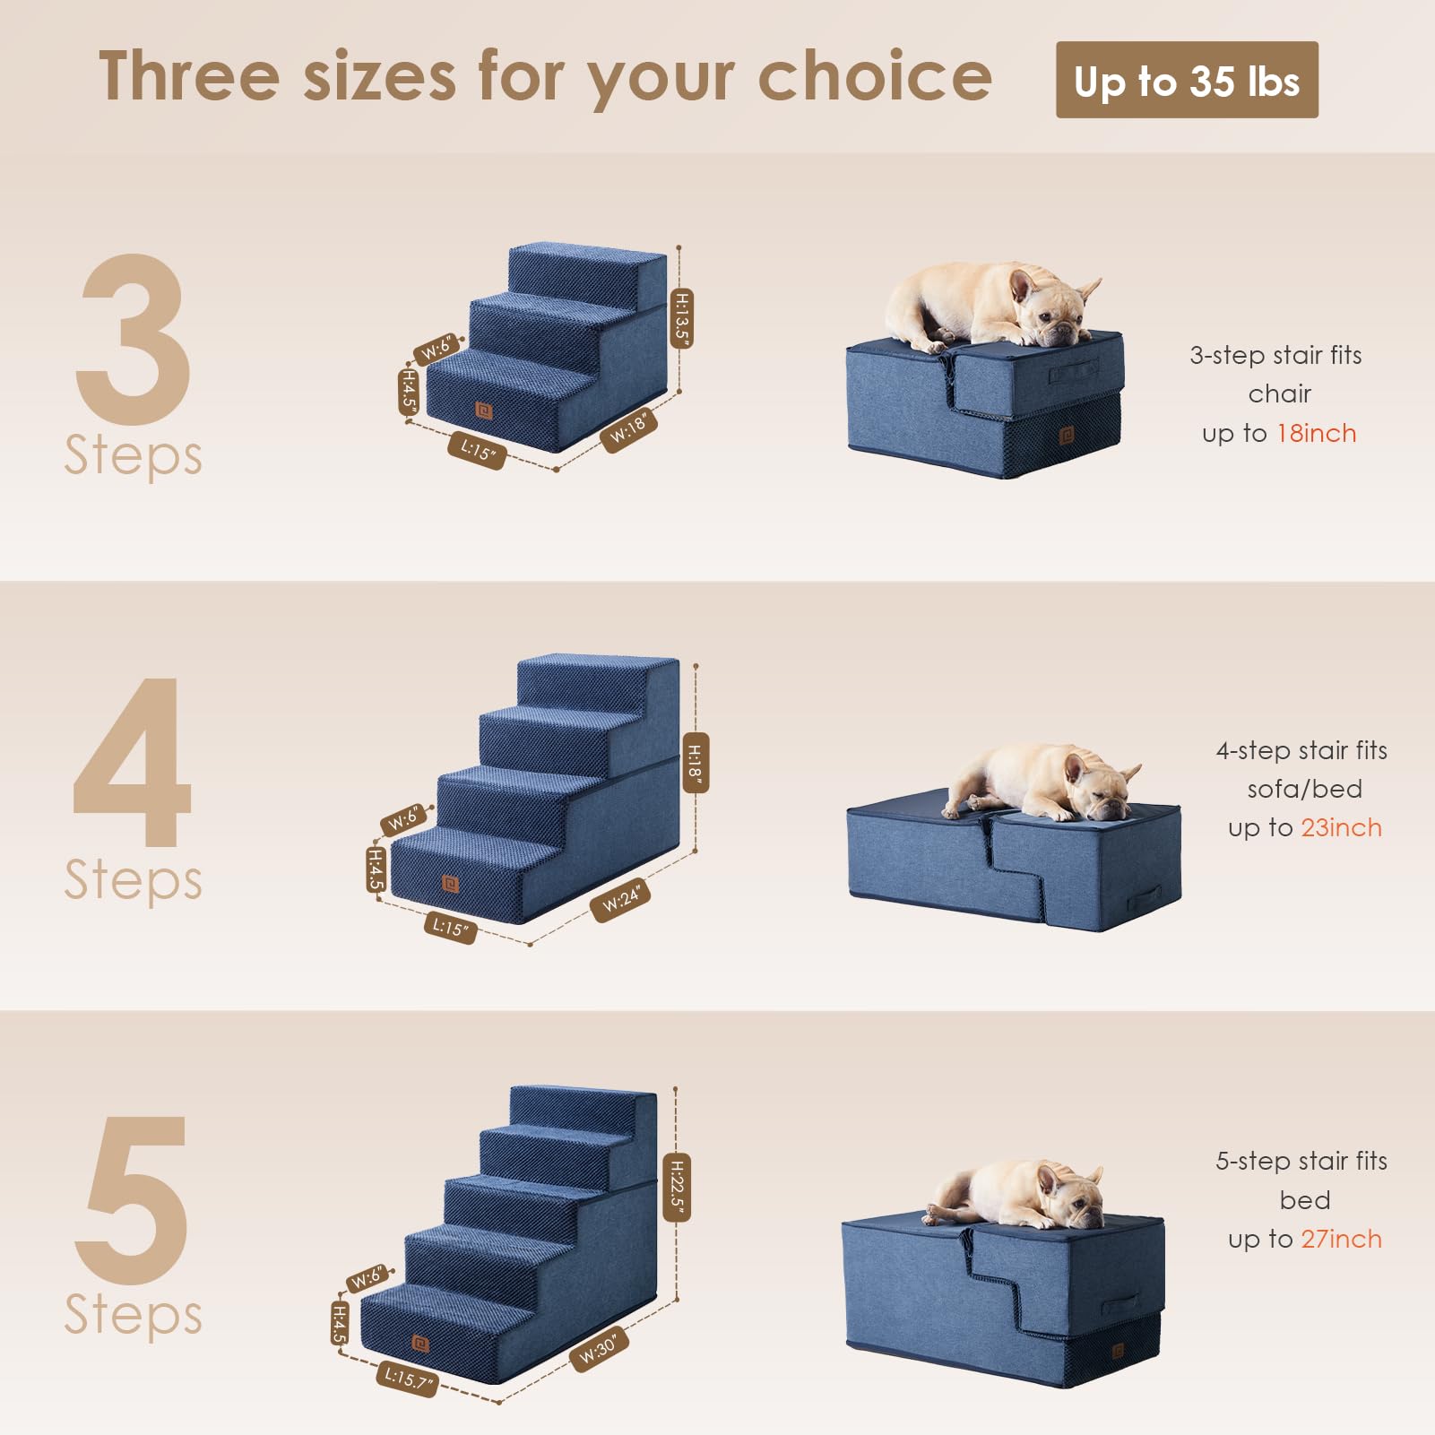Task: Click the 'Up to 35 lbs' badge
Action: tap(1186, 81)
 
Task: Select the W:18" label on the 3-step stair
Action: tap(628, 428)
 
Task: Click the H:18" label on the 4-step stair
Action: tap(695, 763)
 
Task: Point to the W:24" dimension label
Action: tap(620, 899)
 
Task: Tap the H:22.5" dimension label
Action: tap(677, 1188)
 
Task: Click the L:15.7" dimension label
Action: tap(407, 1378)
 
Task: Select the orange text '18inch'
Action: tap(1316, 434)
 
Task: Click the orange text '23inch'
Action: tap(1341, 828)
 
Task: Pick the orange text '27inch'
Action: tap(1341, 1240)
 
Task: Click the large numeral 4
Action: tap(133, 762)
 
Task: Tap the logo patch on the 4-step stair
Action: tap(451, 884)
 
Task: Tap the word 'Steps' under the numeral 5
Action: tap(133, 1314)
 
